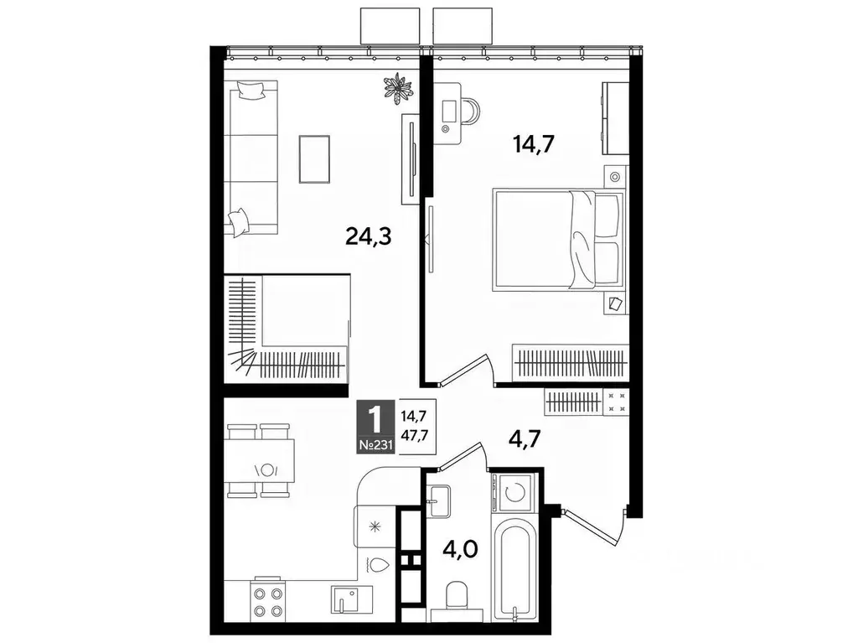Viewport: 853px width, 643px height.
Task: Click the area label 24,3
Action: point(370,237)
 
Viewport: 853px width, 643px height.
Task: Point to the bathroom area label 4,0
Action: point(460,551)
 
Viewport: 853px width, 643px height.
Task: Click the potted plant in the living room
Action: point(397,88)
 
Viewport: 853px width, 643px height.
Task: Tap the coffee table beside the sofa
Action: point(314,158)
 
